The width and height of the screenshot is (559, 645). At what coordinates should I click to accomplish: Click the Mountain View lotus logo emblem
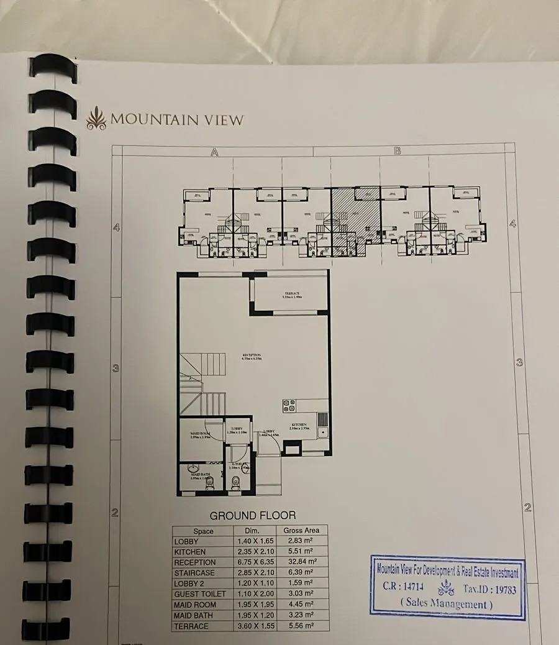click(x=96, y=118)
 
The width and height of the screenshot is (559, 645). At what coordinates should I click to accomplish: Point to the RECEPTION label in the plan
click(x=252, y=357)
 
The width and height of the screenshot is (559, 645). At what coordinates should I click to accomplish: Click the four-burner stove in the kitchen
click(x=289, y=406)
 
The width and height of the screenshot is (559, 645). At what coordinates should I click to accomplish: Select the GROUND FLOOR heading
click(x=253, y=515)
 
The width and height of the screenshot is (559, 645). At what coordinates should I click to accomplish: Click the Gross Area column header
click(x=301, y=531)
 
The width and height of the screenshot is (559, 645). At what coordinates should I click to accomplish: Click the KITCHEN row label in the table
click(x=191, y=552)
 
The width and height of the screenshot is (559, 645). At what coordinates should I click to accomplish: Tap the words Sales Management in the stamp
click(x=447, y=603)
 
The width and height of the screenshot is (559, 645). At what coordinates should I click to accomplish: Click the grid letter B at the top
click(x=398, y=150)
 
